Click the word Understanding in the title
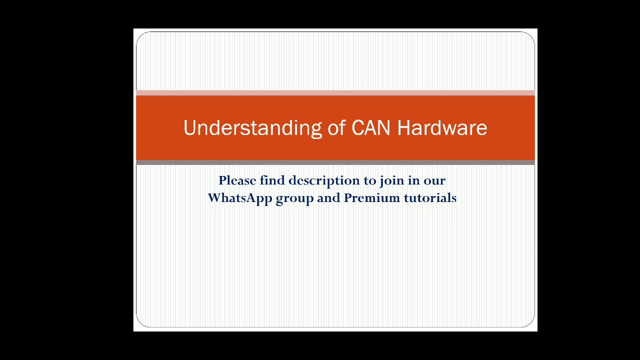click(x=252, y=128)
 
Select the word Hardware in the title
click(x=442, y=128)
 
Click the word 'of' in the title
click(x=336, y=128)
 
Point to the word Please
click(x=237, y=180)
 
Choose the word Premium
click(x=372, y=198)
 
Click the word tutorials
click(x=430, y=198)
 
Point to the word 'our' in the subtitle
click(x=434, y=181)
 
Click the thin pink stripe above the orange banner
click(x=335, y=92)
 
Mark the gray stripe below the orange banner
click(x=335, y=162)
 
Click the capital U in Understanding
click(x=189, y=128)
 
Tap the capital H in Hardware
click(x=403, y=128)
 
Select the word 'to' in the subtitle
click(x=369, y=181)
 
